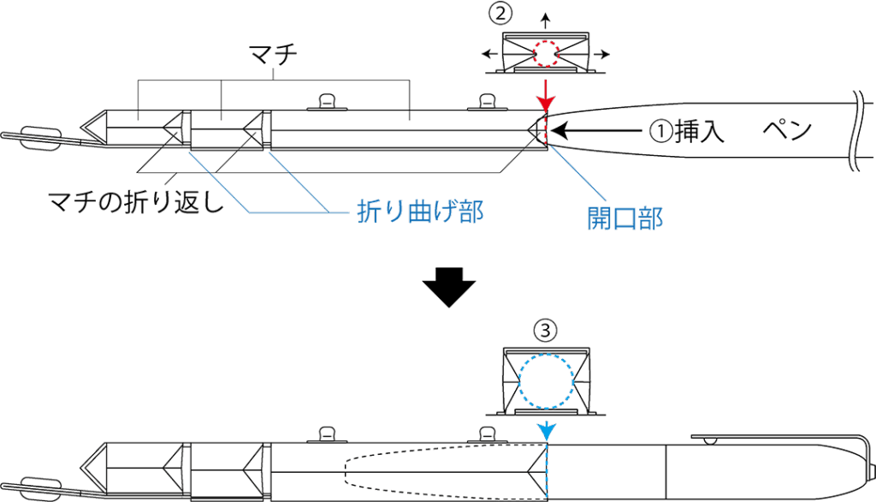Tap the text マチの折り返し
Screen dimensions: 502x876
point(134,202)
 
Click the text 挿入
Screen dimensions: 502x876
point(700,131)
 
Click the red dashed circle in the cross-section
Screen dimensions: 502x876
point(546,53)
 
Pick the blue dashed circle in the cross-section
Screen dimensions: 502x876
point(545,382)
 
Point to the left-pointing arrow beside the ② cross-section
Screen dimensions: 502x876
point(491,54)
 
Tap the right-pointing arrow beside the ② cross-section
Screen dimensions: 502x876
point(601,54)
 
